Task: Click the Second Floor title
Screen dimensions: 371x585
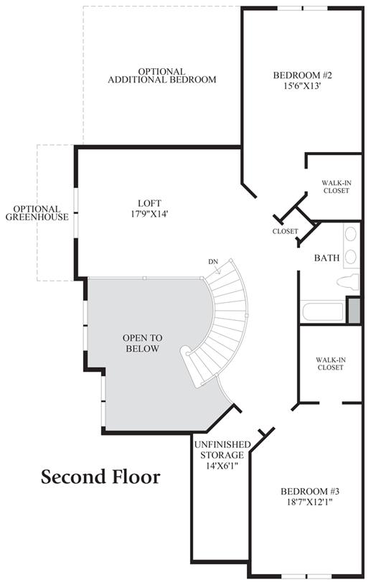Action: tap(100, 477)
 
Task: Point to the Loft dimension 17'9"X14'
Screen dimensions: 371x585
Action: tap(149, 214)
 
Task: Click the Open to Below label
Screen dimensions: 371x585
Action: tap(142, 343)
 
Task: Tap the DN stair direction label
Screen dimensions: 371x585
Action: tap(213, 262)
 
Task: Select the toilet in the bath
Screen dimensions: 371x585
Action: tap(348, 282)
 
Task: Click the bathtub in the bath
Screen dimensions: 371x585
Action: tap(322, 312)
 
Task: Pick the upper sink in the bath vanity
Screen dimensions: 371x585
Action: tap(351, 234)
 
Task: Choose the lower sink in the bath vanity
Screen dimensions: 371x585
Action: tap(351, 257)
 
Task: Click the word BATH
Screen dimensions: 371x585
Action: tap(327, 258)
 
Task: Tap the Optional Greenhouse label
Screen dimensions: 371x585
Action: tap(37, 212)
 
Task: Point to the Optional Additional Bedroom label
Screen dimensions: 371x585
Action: tap(162, 75)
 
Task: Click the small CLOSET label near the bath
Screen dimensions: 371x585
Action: tap(285, 231)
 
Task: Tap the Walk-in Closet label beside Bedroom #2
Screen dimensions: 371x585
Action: tap(337, 187)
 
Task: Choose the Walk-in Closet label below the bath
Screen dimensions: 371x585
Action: tap(331, 364)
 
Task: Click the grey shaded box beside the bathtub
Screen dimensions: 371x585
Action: tap(354, 310)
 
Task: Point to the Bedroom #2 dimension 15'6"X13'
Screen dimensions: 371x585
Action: tap(302, 86)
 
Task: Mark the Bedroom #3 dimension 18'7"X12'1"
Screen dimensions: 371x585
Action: tap(308, 502)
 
